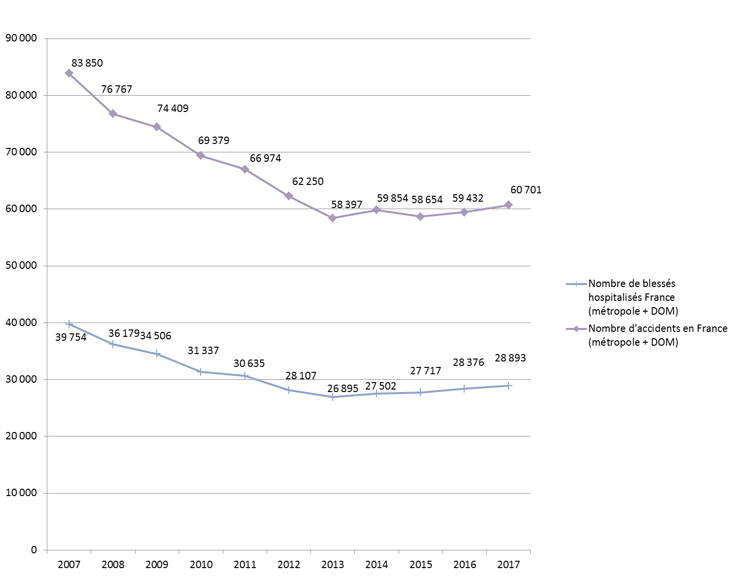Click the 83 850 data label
[87, 63]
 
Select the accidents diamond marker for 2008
[113, 113]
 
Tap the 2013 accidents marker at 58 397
[333, 218]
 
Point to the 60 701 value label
[526, 190]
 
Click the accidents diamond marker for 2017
[508, 205]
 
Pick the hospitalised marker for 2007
[69, 324]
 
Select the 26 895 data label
[342, 389]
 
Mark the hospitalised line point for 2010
[201, 372]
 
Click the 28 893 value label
[510, 358]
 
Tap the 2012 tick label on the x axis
[289, 565]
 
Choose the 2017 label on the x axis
[508, 565]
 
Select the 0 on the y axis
[34, 550]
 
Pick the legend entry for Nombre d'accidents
[657, 335]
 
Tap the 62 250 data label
[308, 181]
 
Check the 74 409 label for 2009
[172, 108]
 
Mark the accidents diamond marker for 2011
[245, 169]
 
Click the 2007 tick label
[69, 565]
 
